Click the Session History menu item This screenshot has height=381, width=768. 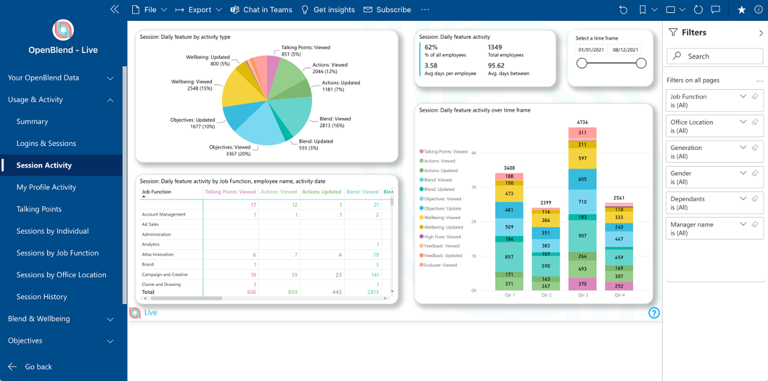[x=42, y=297]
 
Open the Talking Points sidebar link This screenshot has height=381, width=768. [x=39, y=209]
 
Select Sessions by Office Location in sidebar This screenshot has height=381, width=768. [x=61, y=275]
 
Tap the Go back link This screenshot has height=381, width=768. [x=38, y=367]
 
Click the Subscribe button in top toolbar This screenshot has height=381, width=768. [x=388, y=10]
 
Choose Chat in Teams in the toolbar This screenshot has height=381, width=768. [x=262, y=10]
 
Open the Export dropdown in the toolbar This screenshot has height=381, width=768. [x=199, y=10]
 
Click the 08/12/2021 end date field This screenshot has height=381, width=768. [x=625, y=50]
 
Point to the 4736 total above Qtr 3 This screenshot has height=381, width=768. [x=582, y=123]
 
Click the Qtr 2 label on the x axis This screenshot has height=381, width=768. [x=545, y=295]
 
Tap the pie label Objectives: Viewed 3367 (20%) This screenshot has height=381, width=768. [x=229, y=151]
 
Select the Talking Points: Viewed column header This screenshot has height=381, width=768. [x=230, y=192]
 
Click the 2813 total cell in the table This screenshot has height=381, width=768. [x=372, y=292]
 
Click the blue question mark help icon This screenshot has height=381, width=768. [x=654, y=313]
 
